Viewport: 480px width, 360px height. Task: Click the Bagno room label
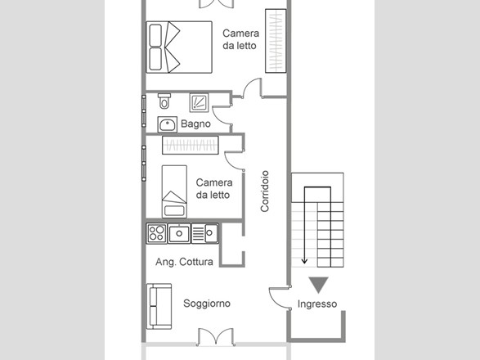(195, 124)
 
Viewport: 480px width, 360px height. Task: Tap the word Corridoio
(265, 191)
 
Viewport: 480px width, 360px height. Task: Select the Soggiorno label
(207, 304)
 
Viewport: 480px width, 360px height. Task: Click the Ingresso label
(317, 304)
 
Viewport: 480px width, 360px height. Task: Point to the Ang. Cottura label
(184, 262)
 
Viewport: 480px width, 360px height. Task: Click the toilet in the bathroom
(164, 101)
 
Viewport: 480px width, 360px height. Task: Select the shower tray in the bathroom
(199, 102)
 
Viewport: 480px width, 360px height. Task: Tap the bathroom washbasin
(167, 124)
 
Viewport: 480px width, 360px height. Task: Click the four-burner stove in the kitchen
(156, 233)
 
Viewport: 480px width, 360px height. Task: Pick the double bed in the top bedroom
(179, 47)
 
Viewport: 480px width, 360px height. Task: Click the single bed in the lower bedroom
(174, 191)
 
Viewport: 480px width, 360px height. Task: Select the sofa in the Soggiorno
(159, 306)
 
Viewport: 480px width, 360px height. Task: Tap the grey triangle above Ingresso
(318, 285)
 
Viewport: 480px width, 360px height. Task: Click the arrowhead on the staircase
(304, 261)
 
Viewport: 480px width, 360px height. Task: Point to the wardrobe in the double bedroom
(276, 41)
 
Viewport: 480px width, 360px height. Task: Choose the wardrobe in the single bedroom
(191, 145)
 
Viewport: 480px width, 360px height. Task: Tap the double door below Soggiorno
(216, 336)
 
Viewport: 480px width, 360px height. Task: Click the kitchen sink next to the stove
(179, 233)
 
